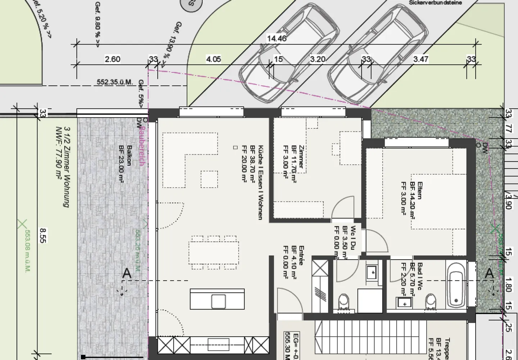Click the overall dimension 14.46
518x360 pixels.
[277, 38]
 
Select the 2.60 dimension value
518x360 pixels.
[112, 59]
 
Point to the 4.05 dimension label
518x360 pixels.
[213, 59]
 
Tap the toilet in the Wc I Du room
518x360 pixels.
[344, 302]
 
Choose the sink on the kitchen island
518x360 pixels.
[218, 301]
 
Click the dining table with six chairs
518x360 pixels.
[214, 252]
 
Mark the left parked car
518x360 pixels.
[290, 54]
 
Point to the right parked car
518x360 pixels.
[378, 54]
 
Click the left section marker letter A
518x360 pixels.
[127, 274]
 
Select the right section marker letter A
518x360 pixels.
[489, 274]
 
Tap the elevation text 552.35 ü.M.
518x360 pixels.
[114, 82]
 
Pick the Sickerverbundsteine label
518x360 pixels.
[435, 3]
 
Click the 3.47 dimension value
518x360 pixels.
[421, 59]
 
